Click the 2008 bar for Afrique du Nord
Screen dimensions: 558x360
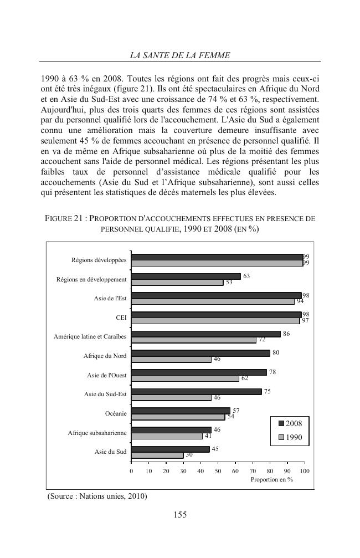(200, 353)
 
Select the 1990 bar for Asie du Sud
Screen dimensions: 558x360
(157, 455)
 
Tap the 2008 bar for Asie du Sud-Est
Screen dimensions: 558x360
(196, 391)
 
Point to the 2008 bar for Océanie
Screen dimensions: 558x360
(181, 411)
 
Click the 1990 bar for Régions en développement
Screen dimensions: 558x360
(177, 282)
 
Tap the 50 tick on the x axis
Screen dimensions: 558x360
(218, 470)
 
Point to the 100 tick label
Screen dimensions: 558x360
(304, 470)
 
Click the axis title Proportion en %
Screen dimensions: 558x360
(271, 479)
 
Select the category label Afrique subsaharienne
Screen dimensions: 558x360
(97, 433)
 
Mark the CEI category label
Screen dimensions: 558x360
(121, 318)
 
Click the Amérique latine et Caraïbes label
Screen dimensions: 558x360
(90, 337)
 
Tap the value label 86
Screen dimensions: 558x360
(286, 334)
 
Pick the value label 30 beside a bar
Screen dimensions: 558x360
(189, 455)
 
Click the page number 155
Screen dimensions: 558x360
(180, 515)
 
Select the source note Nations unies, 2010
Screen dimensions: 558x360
(97, 496)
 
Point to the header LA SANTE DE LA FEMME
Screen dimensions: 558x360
(180, 55)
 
